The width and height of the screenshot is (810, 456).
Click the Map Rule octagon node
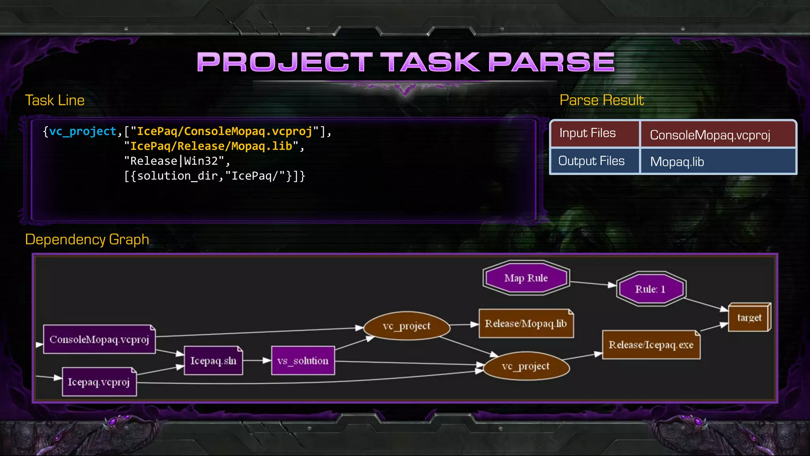526,278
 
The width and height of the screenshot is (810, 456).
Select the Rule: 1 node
651,289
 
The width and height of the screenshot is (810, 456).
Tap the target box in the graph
749,317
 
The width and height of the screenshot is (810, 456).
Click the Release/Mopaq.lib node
526,324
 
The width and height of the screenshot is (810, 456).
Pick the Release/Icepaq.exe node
651,345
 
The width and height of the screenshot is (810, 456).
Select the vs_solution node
303,361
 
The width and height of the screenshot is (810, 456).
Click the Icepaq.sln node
213,361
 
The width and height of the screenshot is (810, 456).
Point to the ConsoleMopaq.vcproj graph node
99,340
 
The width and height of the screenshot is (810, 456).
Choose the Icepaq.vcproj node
99,382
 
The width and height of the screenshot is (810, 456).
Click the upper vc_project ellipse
407,326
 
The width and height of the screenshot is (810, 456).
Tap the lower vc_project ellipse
526,367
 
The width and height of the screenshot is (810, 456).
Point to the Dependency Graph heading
87,239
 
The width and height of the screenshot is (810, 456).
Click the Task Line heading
55,100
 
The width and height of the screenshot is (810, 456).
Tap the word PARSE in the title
551,62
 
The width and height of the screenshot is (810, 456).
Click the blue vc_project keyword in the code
83,131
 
